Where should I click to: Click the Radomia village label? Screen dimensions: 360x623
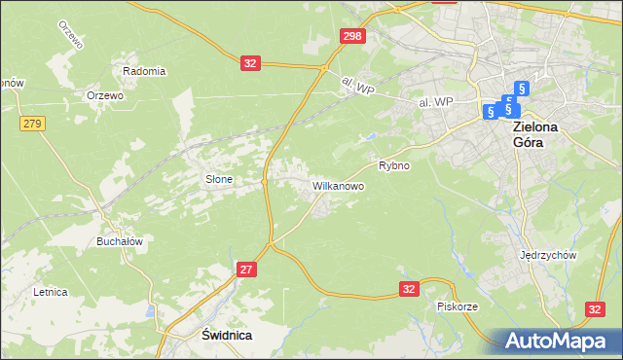click(144, 71)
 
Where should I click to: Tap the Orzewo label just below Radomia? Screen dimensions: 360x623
click(104, 95)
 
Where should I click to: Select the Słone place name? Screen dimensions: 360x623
click(218, 179)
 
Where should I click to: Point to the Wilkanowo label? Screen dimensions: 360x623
click(338, 184)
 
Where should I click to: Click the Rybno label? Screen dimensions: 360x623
click(394, 165)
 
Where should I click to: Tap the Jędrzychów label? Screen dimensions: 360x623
click(549, 255)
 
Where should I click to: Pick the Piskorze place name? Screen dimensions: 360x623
click(457, 306)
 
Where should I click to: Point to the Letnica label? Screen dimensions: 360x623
click(50, 291)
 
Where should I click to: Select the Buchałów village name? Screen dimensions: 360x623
click(120, 241)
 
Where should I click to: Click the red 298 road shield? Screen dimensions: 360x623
click(352, 36)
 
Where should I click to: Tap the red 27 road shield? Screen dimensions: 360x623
click(245, 269)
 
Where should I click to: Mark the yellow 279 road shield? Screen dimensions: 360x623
click(32, 123)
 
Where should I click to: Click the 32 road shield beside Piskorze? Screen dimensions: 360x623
click(409, 288)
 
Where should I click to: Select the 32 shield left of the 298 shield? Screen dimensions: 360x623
click(251, 62)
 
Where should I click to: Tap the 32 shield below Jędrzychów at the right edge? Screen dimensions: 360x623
click(597, 307)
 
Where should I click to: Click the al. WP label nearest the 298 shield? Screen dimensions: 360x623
click(358, 88)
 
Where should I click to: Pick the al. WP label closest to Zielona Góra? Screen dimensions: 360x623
click(436, 102)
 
